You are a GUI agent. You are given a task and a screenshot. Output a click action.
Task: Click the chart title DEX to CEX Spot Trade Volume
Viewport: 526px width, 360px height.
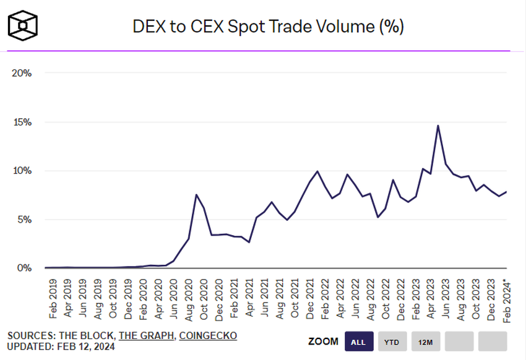coord(268,27)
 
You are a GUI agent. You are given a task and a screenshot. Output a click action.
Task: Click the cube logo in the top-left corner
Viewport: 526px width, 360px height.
coord(23,24)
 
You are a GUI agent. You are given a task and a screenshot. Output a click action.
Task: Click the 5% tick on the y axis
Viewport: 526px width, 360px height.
coord(24,220)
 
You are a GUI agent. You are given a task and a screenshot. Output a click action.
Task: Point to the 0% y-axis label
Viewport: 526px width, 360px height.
coord(24,268)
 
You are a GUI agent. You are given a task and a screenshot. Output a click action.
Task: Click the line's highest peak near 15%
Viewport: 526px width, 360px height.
coord(438,126)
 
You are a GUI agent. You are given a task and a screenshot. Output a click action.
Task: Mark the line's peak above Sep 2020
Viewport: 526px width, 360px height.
coord(196,195)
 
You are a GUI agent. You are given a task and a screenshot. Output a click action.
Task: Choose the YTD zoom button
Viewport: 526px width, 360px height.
coord(392,341)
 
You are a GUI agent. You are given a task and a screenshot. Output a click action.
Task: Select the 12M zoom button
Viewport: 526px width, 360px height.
coord(426,341)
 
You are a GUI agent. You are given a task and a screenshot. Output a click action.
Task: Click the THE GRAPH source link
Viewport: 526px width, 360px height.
coord(145,336)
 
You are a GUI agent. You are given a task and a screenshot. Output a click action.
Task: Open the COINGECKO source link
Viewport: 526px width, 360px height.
coord(208,336)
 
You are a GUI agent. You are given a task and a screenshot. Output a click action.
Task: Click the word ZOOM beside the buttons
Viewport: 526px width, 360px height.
coord(322,341)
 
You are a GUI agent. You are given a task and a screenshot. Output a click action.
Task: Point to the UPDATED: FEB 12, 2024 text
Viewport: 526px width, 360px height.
coord(61,347)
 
